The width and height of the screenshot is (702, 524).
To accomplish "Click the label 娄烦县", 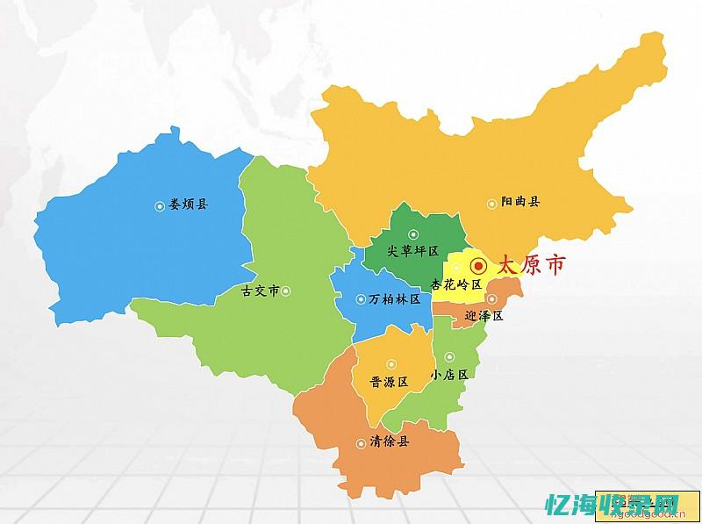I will tap(189, 205).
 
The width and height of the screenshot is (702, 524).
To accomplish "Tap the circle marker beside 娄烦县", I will tap(160, 206).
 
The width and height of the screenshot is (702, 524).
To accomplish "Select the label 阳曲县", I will tap(520, 202).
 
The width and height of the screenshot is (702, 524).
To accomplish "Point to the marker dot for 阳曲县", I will tap(491, 203).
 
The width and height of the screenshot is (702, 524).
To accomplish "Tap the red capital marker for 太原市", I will tap(478, 265).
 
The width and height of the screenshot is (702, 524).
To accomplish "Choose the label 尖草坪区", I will tap(412, 251).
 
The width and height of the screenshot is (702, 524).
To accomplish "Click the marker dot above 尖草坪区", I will tap(412, 234).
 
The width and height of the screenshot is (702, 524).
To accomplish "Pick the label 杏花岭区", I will tap(457, 284).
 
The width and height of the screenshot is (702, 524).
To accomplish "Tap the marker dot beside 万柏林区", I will tap(361, 299).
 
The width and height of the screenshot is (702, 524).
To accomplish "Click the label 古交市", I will tap(260, 291).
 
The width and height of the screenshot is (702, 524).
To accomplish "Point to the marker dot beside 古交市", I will tap(285, 291).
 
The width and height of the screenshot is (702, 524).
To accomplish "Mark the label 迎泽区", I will tap(484, 316).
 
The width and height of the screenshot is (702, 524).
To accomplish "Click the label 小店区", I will tap(451, 374).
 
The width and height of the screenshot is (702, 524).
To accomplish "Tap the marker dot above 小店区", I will tap(448, 357).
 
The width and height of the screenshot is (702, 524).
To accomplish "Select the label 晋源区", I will tap(390, 382).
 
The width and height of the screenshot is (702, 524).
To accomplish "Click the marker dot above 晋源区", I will tap(391, 363).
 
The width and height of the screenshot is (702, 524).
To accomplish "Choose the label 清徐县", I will tap(389, 442).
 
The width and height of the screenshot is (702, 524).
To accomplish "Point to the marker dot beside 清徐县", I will tap(361, 443).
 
